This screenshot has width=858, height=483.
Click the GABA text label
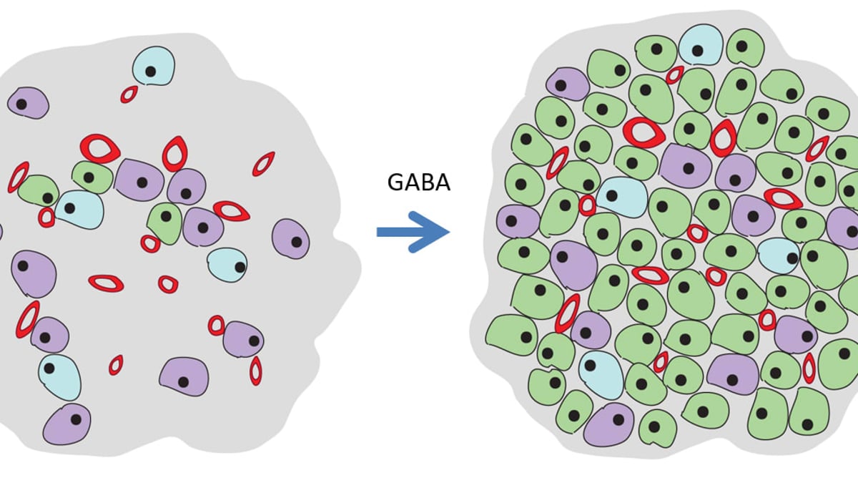pos(418,183)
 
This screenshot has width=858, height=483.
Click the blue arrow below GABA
pos(413,231)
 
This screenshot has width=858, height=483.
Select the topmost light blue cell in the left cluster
pos(154,66)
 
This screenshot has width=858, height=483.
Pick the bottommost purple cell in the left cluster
pos(67,424)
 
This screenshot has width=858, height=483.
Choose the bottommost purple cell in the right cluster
pos(608,424)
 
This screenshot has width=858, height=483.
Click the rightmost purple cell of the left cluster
pos(290,238)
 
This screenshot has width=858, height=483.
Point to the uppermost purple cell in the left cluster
pos(28,103)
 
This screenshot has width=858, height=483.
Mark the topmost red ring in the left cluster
pos(129,94)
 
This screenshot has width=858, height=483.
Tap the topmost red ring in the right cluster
pos(674,75)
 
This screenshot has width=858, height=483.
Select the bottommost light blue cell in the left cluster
pos(59,376)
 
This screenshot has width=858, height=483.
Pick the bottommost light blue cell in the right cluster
pos(601,374)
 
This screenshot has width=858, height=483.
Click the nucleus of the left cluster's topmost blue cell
pos(150,72)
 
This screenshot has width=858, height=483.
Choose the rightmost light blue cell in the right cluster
pos(779,255)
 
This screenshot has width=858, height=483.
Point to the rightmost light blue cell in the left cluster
pos(227,265)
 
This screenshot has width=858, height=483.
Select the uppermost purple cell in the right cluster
pos(568,84)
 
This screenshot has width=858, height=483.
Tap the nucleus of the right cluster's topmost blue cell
pos(697,51)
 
